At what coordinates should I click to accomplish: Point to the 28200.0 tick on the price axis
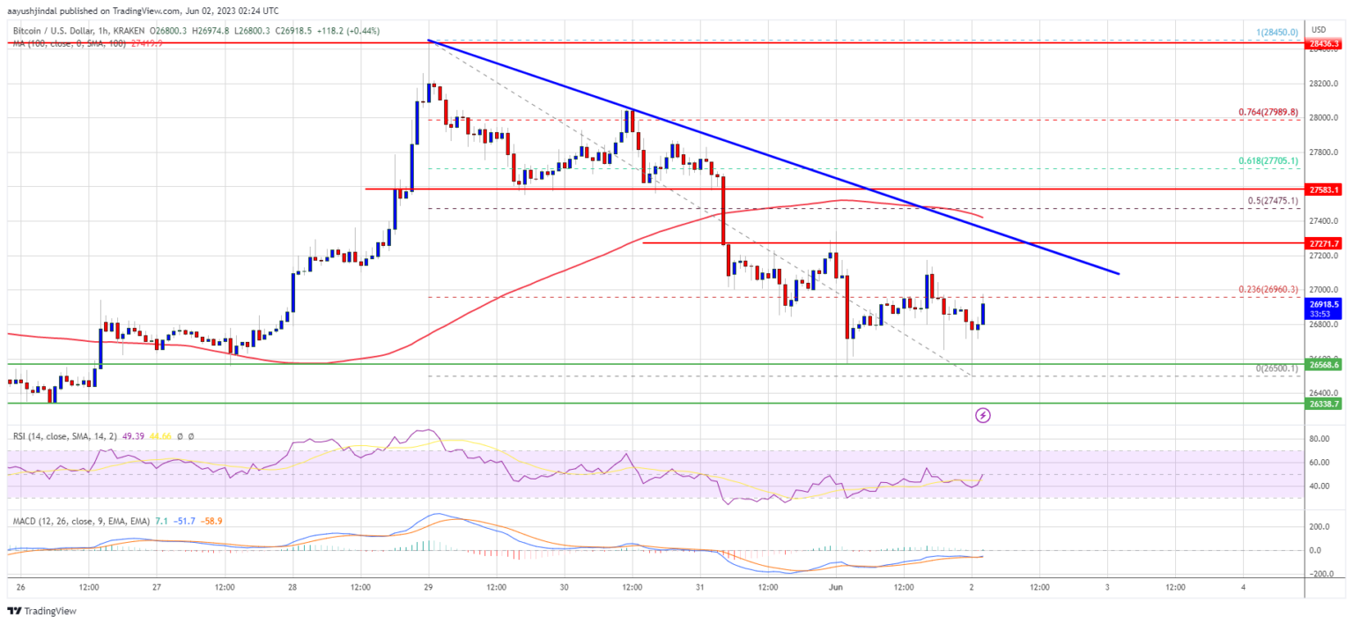point(1325,84)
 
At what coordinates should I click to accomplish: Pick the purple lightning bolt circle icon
point(983,414)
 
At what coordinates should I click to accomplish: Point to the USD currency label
point(1319,30)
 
